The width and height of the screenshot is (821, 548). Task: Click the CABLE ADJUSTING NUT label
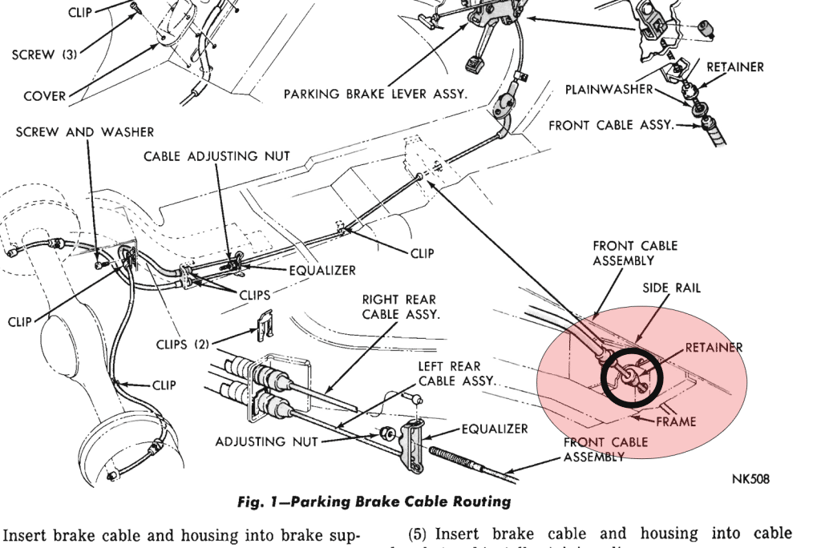(216, 156)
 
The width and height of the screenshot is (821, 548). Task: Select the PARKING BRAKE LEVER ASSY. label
(375, 95)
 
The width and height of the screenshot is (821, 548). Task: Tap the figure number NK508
(750, 479)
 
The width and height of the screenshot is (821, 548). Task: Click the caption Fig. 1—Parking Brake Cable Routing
(374, 502)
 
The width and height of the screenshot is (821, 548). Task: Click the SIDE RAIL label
(672, 288)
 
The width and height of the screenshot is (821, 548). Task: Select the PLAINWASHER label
(609, 90)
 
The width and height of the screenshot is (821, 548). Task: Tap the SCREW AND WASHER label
(85, 131)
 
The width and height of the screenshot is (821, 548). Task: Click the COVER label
(45, 96)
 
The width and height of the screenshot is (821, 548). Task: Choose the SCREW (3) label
(45, 55)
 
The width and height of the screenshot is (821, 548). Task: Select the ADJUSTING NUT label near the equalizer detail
(266, 441)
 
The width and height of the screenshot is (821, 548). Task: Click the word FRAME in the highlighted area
(676, 421)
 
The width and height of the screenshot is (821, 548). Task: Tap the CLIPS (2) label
(182, 345)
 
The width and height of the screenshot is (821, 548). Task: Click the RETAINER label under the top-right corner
(734, 67)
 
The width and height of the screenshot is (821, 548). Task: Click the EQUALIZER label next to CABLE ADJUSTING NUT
(322, 271)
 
